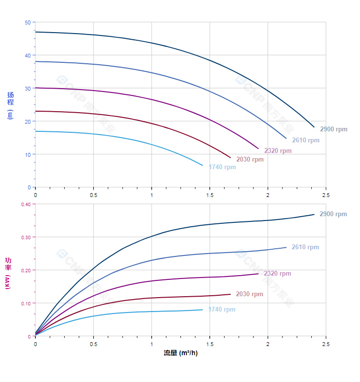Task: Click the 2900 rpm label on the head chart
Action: [333, 129]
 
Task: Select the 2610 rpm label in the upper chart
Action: [305, 140]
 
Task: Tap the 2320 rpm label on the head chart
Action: [278, 151]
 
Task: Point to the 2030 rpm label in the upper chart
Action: [250, 160]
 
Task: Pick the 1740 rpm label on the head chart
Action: [222, 167]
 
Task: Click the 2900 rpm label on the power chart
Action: [333, 214]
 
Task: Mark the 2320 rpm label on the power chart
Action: [277, 274]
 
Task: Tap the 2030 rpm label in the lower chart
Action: [249, 294]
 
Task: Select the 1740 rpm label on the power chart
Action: [222, 310]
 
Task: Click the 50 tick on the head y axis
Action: [28, 23]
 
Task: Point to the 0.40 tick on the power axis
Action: [26, 204]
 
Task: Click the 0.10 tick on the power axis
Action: [26, 303]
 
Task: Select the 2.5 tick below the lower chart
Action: [326, 344]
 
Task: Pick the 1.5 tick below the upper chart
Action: [210, 195]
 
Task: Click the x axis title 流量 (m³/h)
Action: [180, 353]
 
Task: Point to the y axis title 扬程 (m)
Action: [11, 105]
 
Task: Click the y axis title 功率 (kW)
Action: [8, 273]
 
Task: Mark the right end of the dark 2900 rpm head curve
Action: [314, 127]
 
